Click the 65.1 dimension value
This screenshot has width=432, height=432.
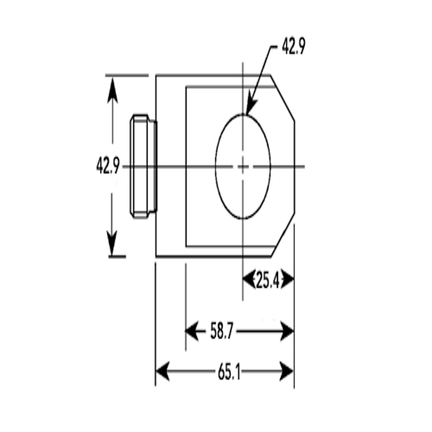coord(229,371)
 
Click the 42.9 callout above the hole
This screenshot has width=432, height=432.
coord(293,46)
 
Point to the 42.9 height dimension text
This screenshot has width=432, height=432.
coord(108,166)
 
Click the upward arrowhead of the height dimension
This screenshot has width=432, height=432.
coord(112,90)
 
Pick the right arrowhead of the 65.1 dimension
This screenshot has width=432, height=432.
coord(286,371)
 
